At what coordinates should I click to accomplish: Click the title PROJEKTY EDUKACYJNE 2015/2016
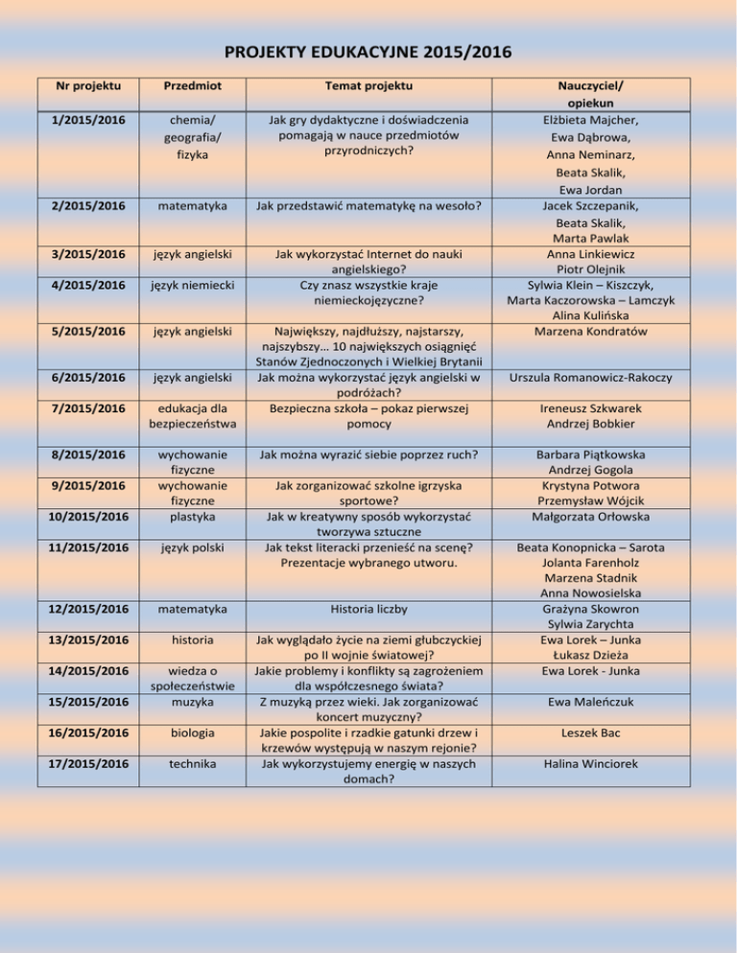pyautogui.click(x=368, y=51)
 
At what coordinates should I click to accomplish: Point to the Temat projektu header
pyautogui.click(x=368, y=86)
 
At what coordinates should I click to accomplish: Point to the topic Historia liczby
pyautogui.click(x=368, y=609)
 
